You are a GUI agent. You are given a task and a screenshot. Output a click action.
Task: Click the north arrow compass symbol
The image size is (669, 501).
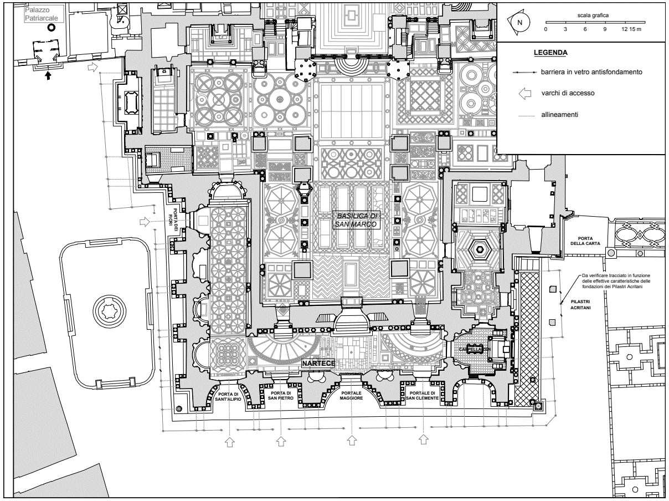[519, 22]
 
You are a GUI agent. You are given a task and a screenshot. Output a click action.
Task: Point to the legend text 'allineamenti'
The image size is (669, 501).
[560, 115]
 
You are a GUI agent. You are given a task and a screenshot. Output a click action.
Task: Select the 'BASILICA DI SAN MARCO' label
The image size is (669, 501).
[355, 220]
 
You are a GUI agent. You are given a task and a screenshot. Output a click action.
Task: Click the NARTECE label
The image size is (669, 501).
[318, 364]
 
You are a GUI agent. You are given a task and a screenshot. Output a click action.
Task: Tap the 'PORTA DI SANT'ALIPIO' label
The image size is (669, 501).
[229, 396]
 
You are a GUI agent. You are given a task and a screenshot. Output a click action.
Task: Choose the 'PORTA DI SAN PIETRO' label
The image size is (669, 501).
[280, 395]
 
